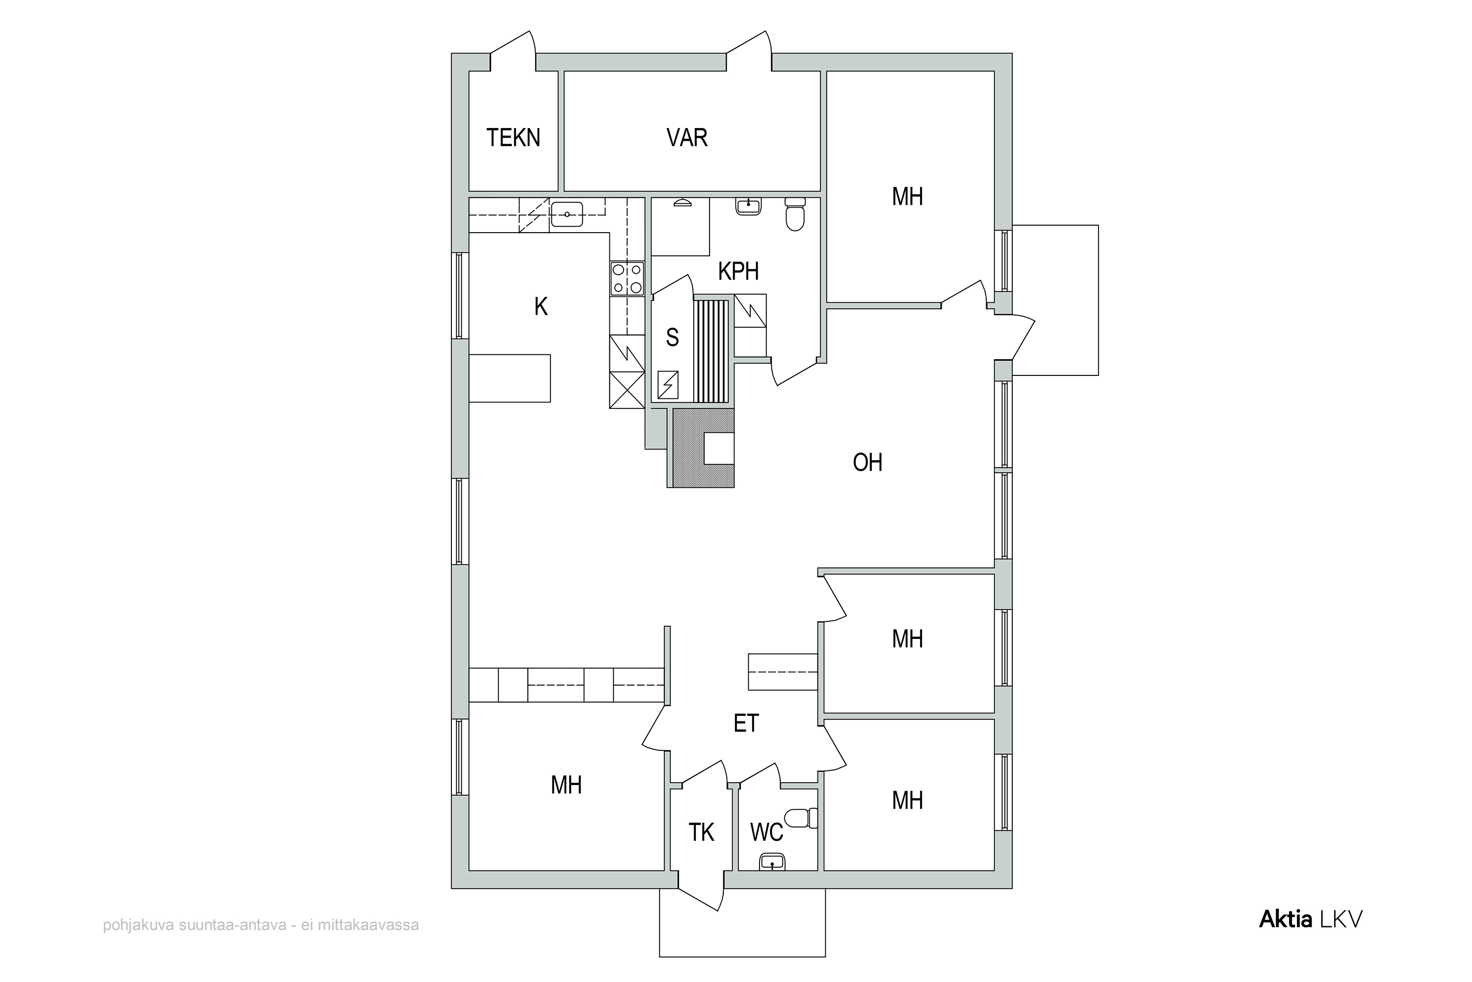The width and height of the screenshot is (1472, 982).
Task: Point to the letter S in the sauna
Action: pyautogui.click(x=672, y=338)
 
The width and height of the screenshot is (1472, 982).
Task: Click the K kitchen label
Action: pyautogui.click(x=541, y=306)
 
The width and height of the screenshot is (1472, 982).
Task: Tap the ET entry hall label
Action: pyautogui.click(x=746, y=723)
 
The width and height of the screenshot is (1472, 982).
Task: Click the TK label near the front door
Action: pyautogui.click(x=701, y=832)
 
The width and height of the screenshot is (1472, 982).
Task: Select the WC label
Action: pyautogui.click(x=766, y=832)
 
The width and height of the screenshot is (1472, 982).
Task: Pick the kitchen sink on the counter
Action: pyautogui.click(x=567, y=214)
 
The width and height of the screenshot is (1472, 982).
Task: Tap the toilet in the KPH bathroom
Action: pyautogui.click(x=795, y=214)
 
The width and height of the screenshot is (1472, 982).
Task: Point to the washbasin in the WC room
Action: pyautogui.click(x=772, y=862)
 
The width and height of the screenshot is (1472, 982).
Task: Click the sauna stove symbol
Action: pyautogui.click(x=668, y=385)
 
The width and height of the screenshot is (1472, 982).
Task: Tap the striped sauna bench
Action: pyautogui.click(x=712, y=351)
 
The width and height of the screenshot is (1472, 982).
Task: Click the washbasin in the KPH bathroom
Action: pyautogui.click(x=748, y=206)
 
